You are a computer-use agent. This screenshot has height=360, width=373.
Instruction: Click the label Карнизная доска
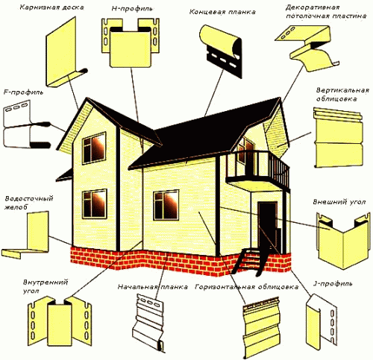[x=51, y=7]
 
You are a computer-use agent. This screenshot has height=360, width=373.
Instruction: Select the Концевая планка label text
[x=222, y=12]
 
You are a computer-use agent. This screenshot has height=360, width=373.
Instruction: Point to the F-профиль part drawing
[x=28, y=124]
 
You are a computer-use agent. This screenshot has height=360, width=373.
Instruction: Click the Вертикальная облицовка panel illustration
[x=338, y=138]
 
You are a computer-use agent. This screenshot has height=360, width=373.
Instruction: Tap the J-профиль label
[x=332, y=283]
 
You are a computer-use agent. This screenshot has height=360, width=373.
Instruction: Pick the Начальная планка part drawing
[x=148, y=323]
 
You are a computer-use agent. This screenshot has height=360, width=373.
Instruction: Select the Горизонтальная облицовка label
[x=246, y=287]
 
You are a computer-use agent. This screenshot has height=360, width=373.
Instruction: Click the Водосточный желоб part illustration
[x=26, y=235]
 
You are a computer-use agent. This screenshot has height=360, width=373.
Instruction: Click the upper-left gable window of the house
[x=94, y=148]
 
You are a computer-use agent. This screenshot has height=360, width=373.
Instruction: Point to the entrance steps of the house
[x=248, y=261]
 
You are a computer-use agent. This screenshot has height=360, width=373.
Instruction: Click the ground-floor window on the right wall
[x=166, y=205]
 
